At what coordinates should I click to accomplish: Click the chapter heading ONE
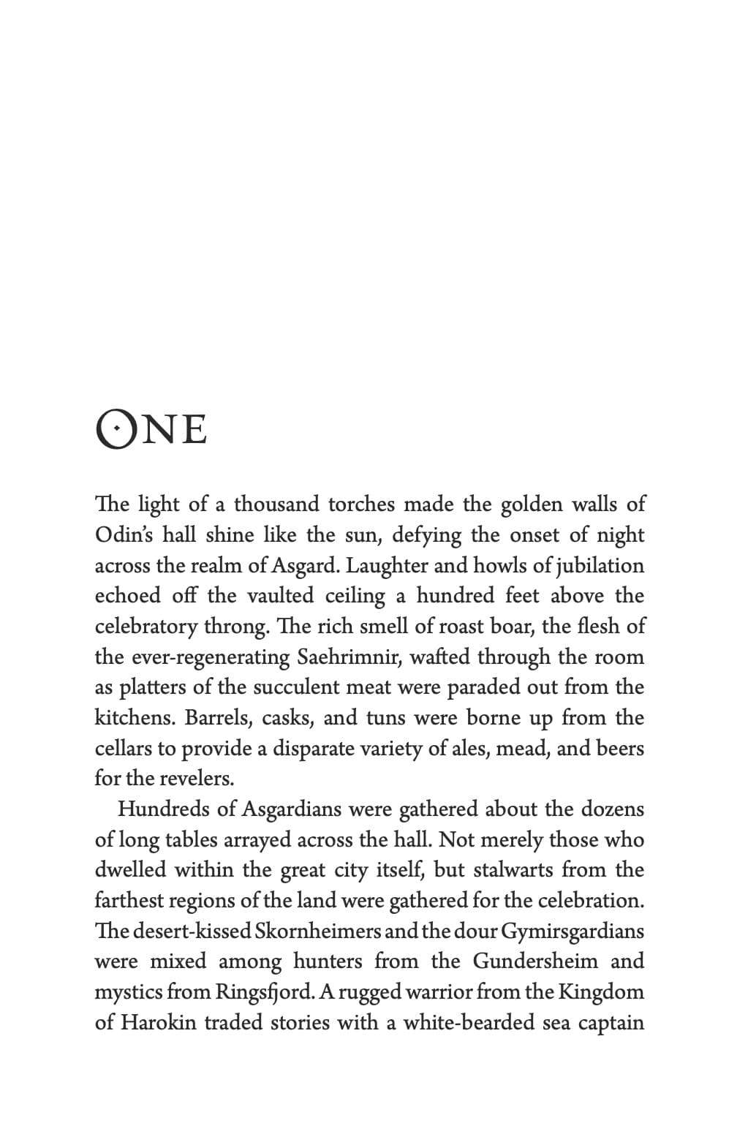151,429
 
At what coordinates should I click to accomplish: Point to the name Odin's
123,534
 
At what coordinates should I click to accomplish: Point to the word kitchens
135,717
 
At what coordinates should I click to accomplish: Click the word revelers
196,778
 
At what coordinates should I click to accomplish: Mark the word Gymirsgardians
573,931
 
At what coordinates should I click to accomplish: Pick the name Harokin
158,1022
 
